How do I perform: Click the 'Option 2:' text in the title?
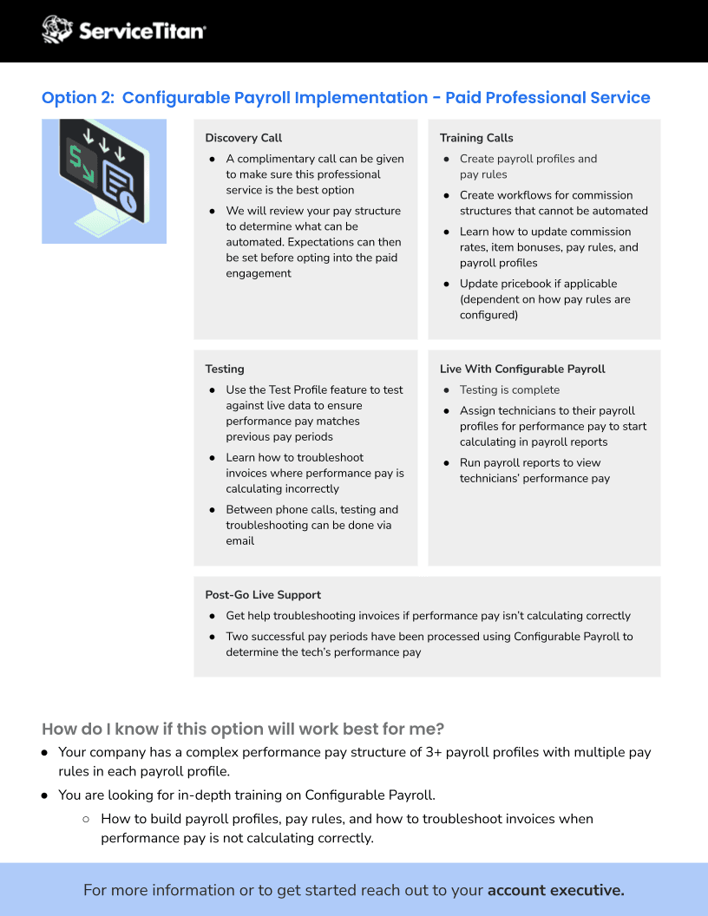[x=77, y=98]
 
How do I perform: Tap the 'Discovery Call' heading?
[x=243, y=138]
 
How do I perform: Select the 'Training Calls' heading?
[x=476, y=138]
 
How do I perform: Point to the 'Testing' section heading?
[x=225, y=369]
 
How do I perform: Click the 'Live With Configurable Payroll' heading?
[x=522, y=369]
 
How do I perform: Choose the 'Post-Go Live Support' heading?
[x=263, y=595]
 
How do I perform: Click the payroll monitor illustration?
[x=103, y=180]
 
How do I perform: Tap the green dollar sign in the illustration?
[x=78, y=159]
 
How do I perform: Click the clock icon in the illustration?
[x=128, y=201]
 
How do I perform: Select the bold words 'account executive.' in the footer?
[x=555, y=890]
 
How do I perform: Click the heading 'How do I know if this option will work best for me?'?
[x=244, y=729]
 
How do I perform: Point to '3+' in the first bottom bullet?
[x=436, y=752]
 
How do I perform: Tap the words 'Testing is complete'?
[x=509, y=390]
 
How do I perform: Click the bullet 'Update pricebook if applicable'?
[x=538, y=284]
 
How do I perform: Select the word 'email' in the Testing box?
[x=240, y=541]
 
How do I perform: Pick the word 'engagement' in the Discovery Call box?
[x=259, y=273]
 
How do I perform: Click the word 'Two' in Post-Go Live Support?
[x=237, y=637]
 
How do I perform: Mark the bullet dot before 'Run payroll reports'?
[x=447, y=463]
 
